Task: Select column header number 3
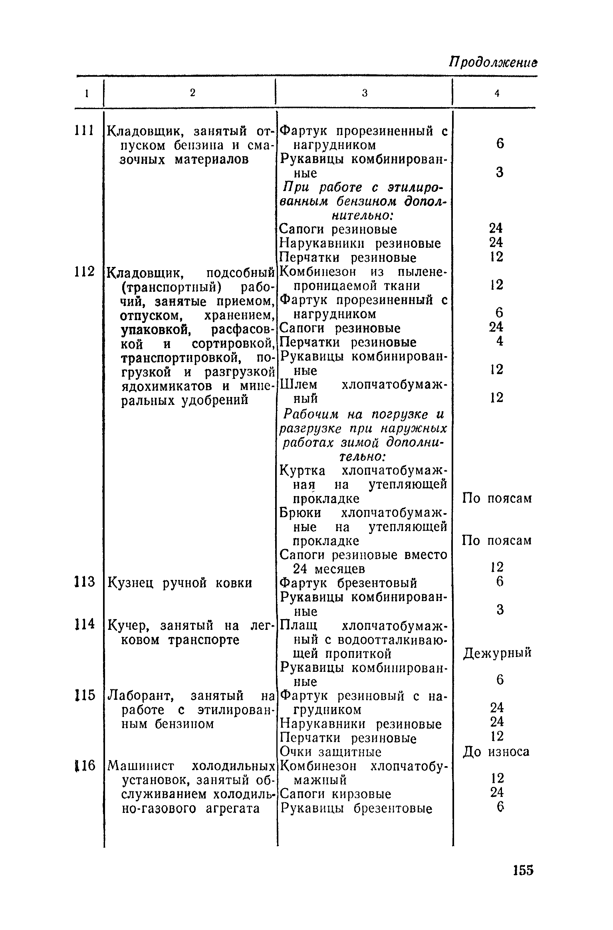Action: [364, 93]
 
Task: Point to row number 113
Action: [84, 581]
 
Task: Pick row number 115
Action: [84, 695]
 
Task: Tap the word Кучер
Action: [130, 625]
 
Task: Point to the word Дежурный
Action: [497, 653]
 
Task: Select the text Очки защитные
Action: [330, 752]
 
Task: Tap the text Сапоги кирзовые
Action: [335, 794]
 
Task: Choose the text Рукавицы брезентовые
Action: [356, 809]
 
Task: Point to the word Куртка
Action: [302, 470]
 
